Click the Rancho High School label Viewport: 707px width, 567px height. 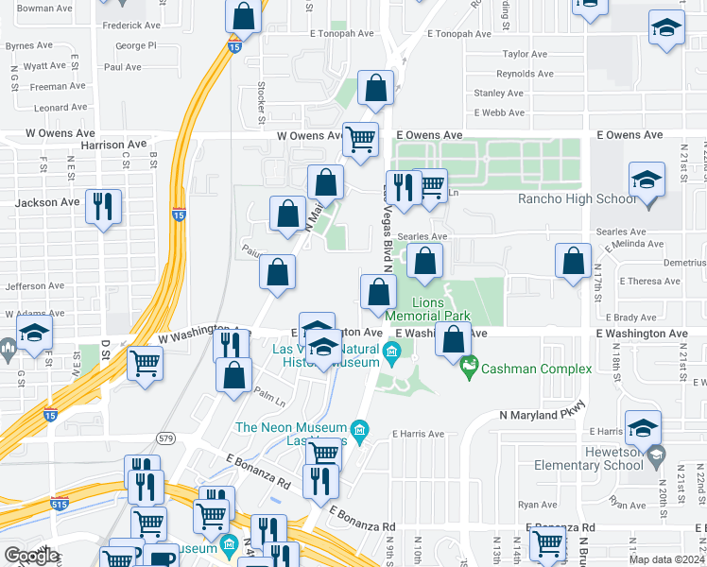click(x=578, y=198)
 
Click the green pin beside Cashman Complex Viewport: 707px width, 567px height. click(x=468, y=363)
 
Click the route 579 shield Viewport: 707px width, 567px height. click(x=166, y=438)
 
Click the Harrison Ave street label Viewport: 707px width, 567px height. click(x=114, y=145)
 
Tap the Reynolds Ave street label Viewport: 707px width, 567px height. click(x=525, y=74)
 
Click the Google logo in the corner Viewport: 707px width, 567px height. click(x=31, y=555)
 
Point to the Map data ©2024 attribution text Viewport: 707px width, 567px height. click(x=666, y=559)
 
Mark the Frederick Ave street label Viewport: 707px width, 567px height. click(x=131, y=26)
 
